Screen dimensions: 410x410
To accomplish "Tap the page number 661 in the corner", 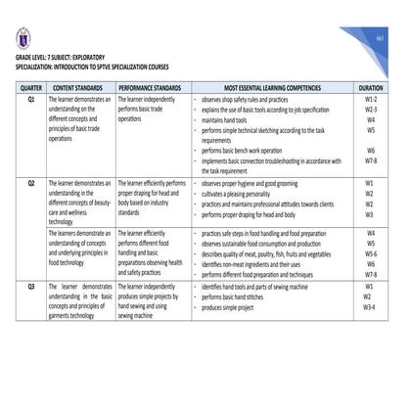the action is point(380,36).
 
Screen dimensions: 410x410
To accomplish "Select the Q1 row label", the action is point(30,100).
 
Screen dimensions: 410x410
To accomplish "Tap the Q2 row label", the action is point(30,183).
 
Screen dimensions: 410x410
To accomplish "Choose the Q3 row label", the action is point(30,286).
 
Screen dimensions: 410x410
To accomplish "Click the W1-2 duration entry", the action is point(370,100).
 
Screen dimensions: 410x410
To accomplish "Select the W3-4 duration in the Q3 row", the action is point(370,306).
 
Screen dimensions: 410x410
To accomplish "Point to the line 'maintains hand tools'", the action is point(228,120).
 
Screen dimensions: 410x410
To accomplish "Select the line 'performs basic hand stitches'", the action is point(240,296).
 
